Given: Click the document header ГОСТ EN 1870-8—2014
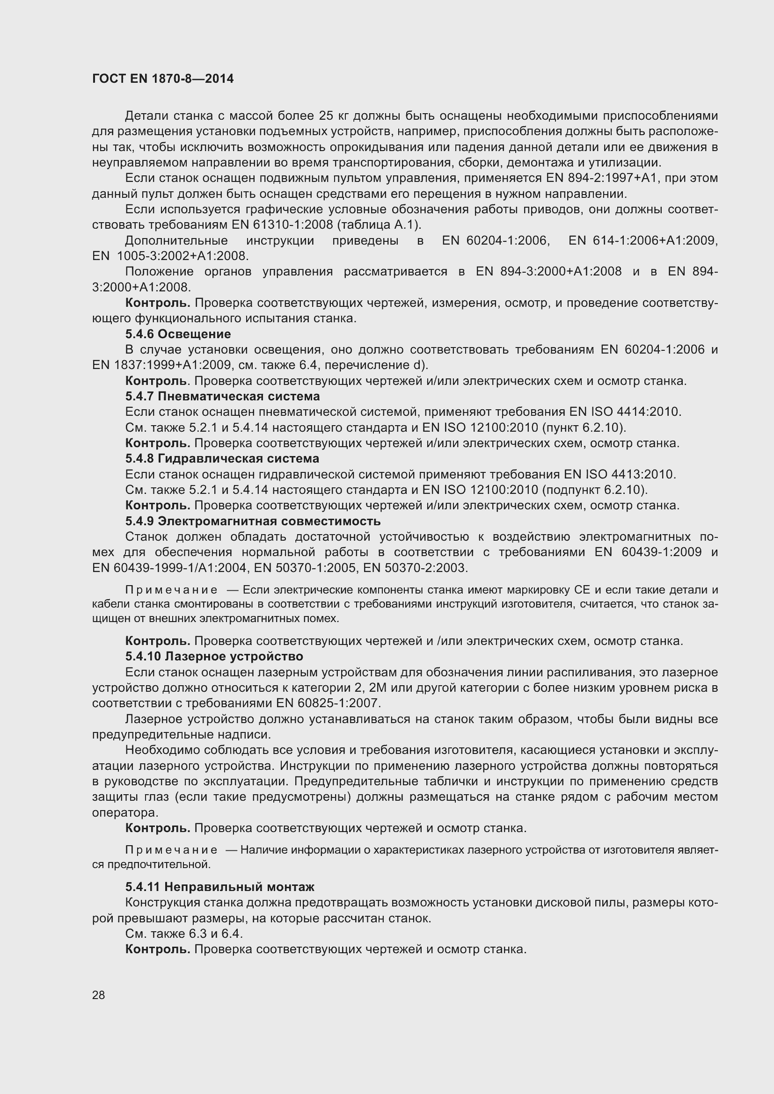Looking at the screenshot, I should tap(162, 79).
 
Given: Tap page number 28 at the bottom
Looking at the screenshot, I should tap(99, 995).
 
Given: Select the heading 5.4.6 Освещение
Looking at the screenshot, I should tap(178, 334).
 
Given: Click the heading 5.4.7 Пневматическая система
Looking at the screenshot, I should tap(222, 397).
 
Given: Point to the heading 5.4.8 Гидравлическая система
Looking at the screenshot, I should tap(222, 459).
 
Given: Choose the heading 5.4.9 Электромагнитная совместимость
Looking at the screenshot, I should tap(253, 521).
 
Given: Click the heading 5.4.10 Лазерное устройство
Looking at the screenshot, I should tap(214, 657).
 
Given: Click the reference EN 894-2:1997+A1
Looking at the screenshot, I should tap(598, 178).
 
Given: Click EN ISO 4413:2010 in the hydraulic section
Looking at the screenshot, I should tap(620, 475).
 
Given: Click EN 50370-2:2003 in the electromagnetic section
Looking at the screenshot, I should tap(415, 568).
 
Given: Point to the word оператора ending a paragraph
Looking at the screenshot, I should tap(125, 812).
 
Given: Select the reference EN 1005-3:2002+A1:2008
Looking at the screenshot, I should tap(170, 256).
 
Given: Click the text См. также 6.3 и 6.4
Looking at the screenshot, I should tap(184, 934).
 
